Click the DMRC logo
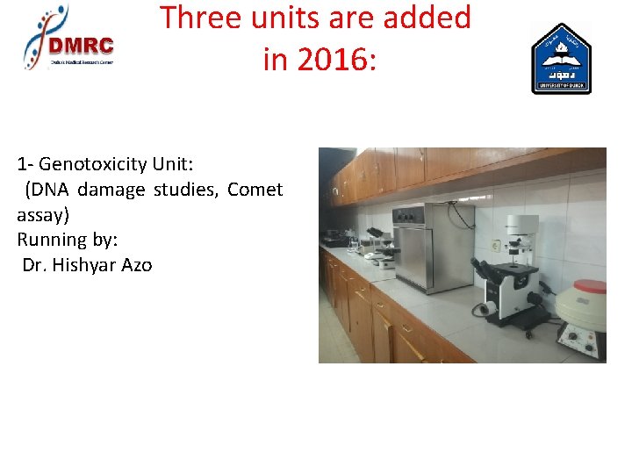68,38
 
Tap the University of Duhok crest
561,59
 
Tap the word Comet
255,190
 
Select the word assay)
43,214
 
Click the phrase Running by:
67,239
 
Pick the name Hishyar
86,264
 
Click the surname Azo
137,264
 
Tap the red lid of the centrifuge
580,288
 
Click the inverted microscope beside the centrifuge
513,276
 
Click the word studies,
188,190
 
